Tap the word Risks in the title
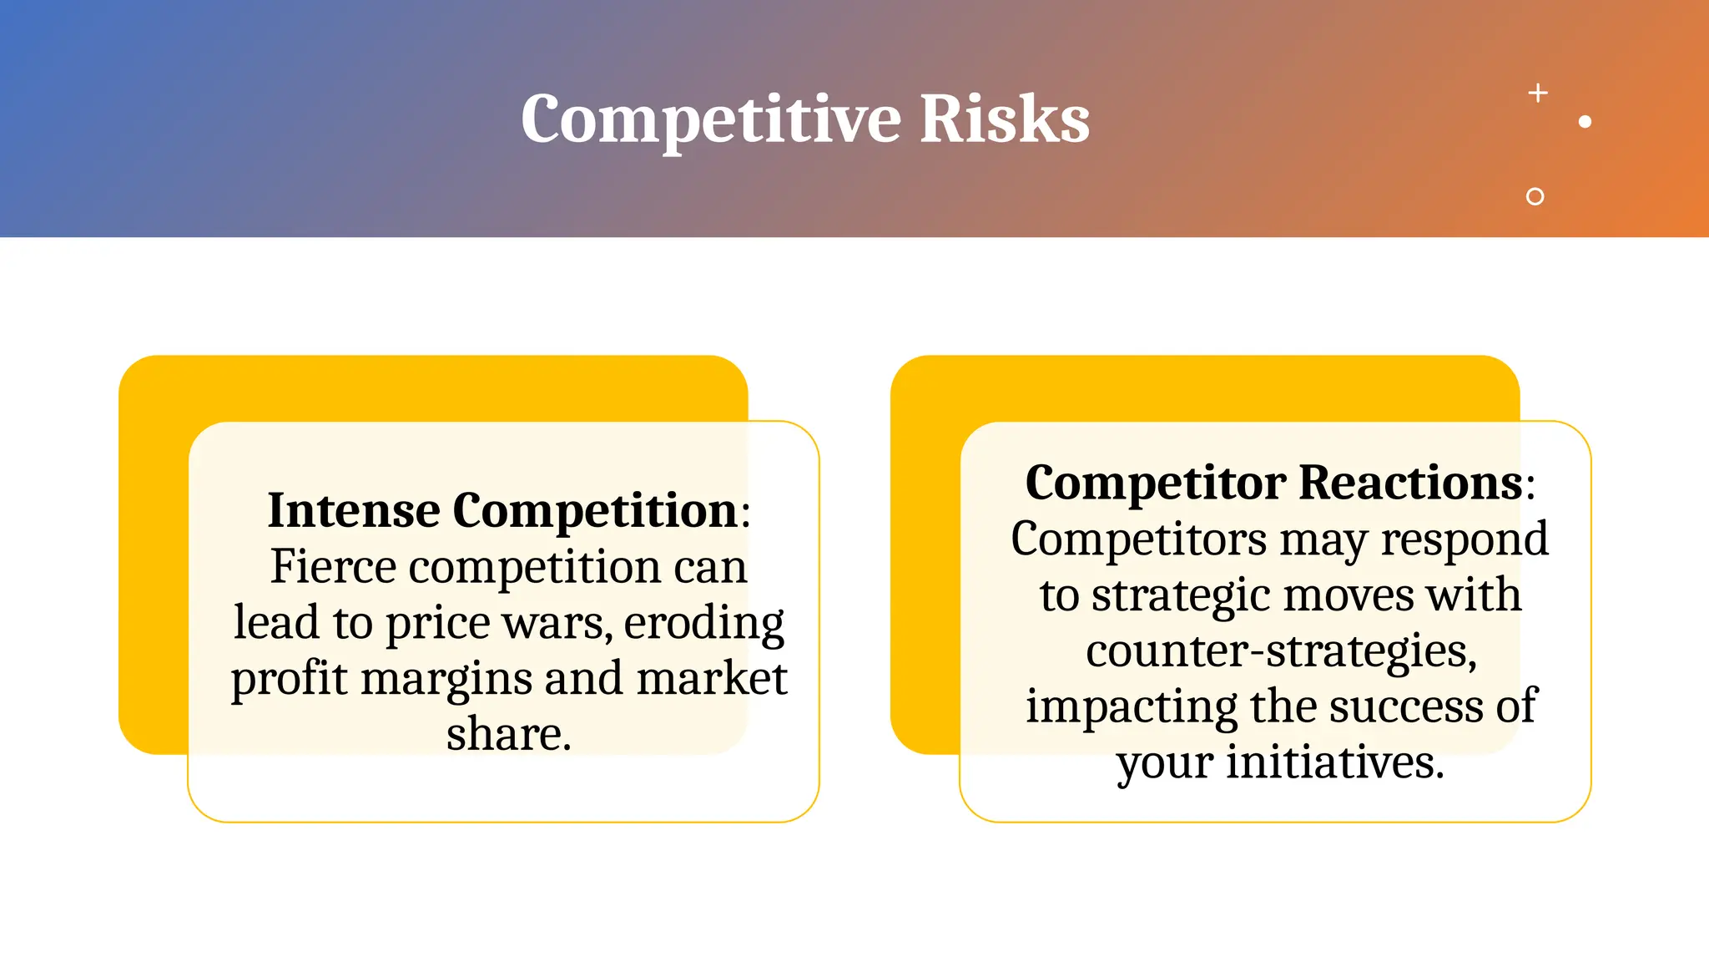coord(1005,119)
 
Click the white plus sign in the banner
coord(1538,93)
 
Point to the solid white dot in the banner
coord(1585,122)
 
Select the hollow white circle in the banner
coord(1535,196)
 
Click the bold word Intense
coord(353,510)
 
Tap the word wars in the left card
coord(572,623)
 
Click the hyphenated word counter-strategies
coord(1281,651)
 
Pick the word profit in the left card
coord(289,679)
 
